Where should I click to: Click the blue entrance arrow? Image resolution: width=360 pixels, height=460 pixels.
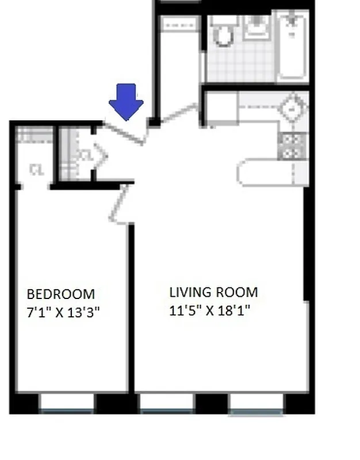pos(127,101)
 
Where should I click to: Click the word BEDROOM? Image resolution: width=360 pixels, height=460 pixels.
pos(61,294)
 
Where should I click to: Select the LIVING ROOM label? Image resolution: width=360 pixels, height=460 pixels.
pos(213,292)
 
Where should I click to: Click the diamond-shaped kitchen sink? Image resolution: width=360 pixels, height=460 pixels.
pos(294,108)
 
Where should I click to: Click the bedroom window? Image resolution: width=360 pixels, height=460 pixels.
pos(67,402)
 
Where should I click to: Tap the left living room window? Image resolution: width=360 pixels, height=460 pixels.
pos(167,402)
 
